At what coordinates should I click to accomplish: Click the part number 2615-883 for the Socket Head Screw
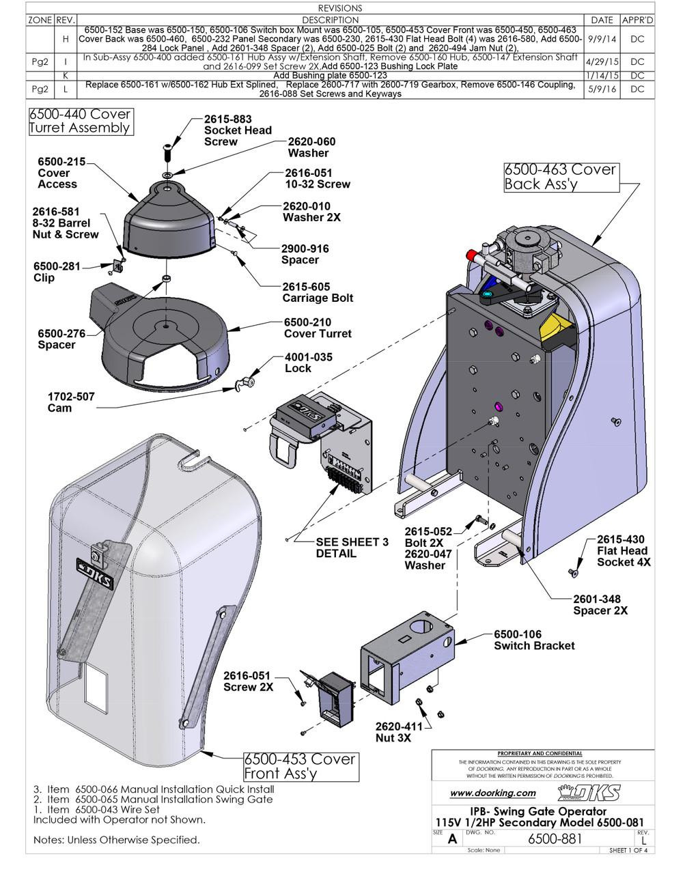[x=227, y=119]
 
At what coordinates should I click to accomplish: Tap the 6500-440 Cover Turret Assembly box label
[x=79, y=121]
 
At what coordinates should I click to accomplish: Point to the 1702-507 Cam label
[x=70, y=402]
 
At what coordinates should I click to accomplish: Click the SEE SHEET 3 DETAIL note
[x=352, y=548]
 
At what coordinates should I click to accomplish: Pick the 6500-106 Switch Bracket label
[x=533, y=640]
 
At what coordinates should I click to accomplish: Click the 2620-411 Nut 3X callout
[x=403, y=733]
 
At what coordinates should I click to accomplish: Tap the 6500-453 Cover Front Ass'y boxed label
[x=300, y=766]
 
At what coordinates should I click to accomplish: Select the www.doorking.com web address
[x=493, y=793]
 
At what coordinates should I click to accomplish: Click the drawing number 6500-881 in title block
[x=555, y=838]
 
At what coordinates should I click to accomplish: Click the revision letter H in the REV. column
[x=65, y=39]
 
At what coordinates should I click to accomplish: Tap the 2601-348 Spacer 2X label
[x=600, y=604]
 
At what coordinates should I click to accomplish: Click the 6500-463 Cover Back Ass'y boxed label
[x=560, y=176]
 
